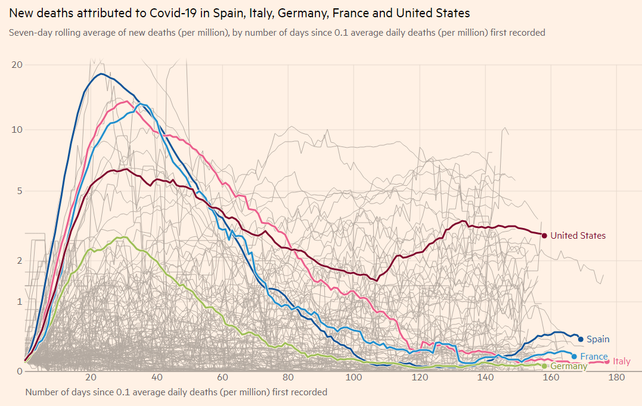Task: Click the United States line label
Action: pyautogui.click(x=578, y=236)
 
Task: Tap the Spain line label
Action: pyautogui.click(x=598, y=339)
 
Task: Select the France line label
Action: pyautogui.click(x=594, y=357)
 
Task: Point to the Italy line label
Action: pyautogui.click(x=622, y=361)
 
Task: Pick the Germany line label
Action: pyautogui.click(x=569, y=366)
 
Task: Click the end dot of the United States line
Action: pyautogui.click(x=544, y=236)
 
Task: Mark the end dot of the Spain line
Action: pyautogui.click(x=581, y=339)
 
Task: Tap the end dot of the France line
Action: pyautogui.click(x=574, y=357)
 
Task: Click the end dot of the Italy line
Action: pyautogui.click(x=607, y=361)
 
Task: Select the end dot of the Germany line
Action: pyautogui.click(x=544, y=366)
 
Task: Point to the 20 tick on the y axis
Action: pyautogui.click(x=17, y=65)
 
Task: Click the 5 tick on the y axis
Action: pyautogui.click(x=20, y=191)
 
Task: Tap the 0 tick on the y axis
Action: pyautogui.click(x=20, y=371)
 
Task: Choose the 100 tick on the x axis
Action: pyautogui.click(x=353, y=377)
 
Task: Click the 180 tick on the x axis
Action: pyautogui.click(x=616, y=377)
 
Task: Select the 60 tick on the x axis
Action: pyautogui.click(x=222, y=377)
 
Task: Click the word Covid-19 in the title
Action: pyautogui.click(x=170, y=14)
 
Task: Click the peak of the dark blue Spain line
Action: pyautogui.click(x=101, y=74)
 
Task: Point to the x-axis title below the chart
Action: pyautogui.click(x=176, y=392)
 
